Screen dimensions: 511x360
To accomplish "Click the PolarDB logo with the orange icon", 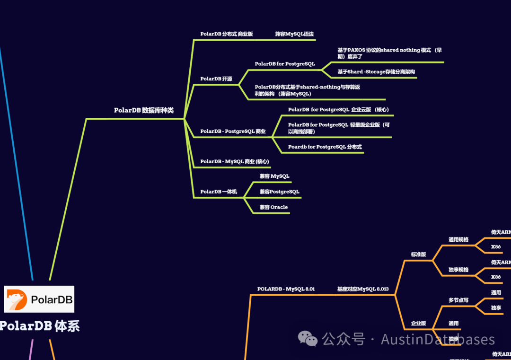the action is [39, 299].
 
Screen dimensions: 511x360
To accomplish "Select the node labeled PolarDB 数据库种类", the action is [143, 110].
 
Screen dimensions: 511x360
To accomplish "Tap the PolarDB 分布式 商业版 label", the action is [226, 34].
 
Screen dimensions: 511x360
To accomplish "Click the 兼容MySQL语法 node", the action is [294, 34].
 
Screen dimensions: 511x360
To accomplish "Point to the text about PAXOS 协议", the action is [389, 53].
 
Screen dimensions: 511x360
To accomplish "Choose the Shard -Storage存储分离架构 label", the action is [376, 72].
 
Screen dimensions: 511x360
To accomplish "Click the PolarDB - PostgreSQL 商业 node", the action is [233, 132].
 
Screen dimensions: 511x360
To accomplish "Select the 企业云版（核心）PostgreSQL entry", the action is [338, 110].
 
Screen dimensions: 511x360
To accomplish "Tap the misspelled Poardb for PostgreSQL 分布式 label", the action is [325, 147].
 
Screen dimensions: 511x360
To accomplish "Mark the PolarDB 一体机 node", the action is [218, 192].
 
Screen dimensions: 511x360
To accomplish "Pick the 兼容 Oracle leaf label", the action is [273, 207].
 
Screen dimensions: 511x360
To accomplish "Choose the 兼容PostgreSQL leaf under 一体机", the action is [279, 192].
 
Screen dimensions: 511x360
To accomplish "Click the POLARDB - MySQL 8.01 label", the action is [286, 289].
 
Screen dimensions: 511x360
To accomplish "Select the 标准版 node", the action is [418, 255].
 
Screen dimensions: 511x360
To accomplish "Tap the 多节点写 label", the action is [458, 300].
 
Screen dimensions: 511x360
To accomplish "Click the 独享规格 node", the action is [458, 270].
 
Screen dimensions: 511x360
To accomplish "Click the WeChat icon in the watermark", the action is [308, 339].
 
